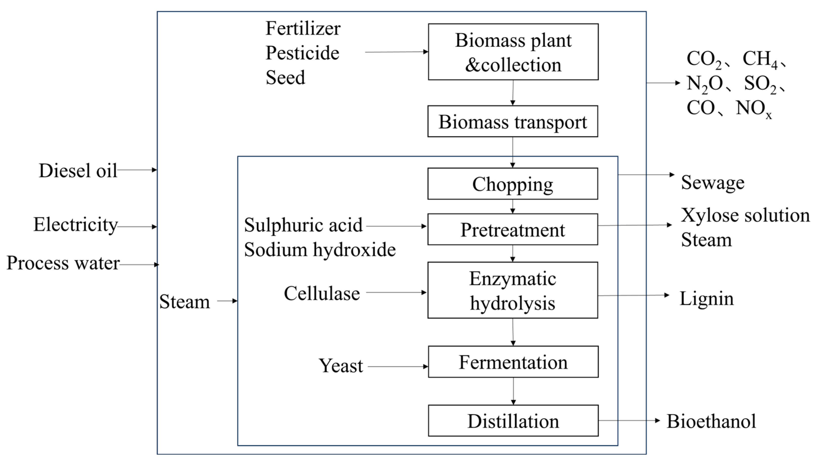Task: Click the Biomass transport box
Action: click(512, 121)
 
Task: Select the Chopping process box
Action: click(512, 184)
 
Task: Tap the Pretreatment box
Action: click(512, 230)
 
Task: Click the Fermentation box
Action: click(513, 362)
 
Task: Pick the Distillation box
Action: click(513, 421)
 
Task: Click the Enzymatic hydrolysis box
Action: click(512, 290)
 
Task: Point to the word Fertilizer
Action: click(303, 29)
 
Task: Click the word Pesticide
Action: click(302, 53)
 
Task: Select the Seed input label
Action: click(285, 78)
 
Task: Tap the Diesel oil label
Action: click(78, 171)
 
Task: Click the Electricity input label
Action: click(75, 225)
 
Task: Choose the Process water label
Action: click(63, 263)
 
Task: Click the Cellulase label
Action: click(322, 293)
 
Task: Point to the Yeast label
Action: click(341, 366)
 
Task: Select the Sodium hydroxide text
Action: click(320, 250)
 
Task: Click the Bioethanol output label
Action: click(711, 421)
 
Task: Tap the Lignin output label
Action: click(706, 299)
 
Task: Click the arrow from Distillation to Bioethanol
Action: click(629, 421)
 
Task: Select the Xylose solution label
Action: click(745, 215)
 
